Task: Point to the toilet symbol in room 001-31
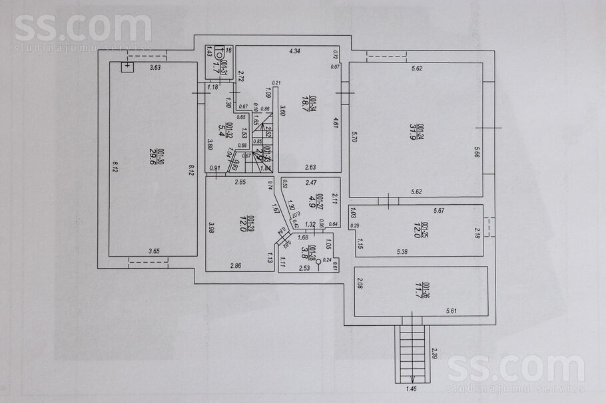point(218,55)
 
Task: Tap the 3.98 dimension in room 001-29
point(210,227)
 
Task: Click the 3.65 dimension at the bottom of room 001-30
point(154,251)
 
